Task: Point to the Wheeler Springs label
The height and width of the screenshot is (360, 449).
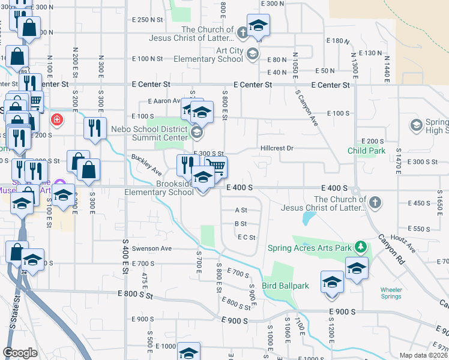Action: point(391,293)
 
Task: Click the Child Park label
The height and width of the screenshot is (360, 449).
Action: point(366,151)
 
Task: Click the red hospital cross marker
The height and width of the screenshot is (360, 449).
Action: point(57,119)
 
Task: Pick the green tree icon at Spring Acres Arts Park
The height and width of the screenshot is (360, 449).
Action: point(360,247)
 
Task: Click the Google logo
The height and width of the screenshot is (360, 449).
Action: point(20,353)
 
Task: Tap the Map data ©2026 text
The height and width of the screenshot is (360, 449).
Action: point(423,355)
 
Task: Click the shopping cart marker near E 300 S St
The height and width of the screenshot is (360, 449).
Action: point(217,166)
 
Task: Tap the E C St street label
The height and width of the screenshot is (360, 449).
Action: point(246,238)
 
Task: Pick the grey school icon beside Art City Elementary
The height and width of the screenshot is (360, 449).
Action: point(253,54)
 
